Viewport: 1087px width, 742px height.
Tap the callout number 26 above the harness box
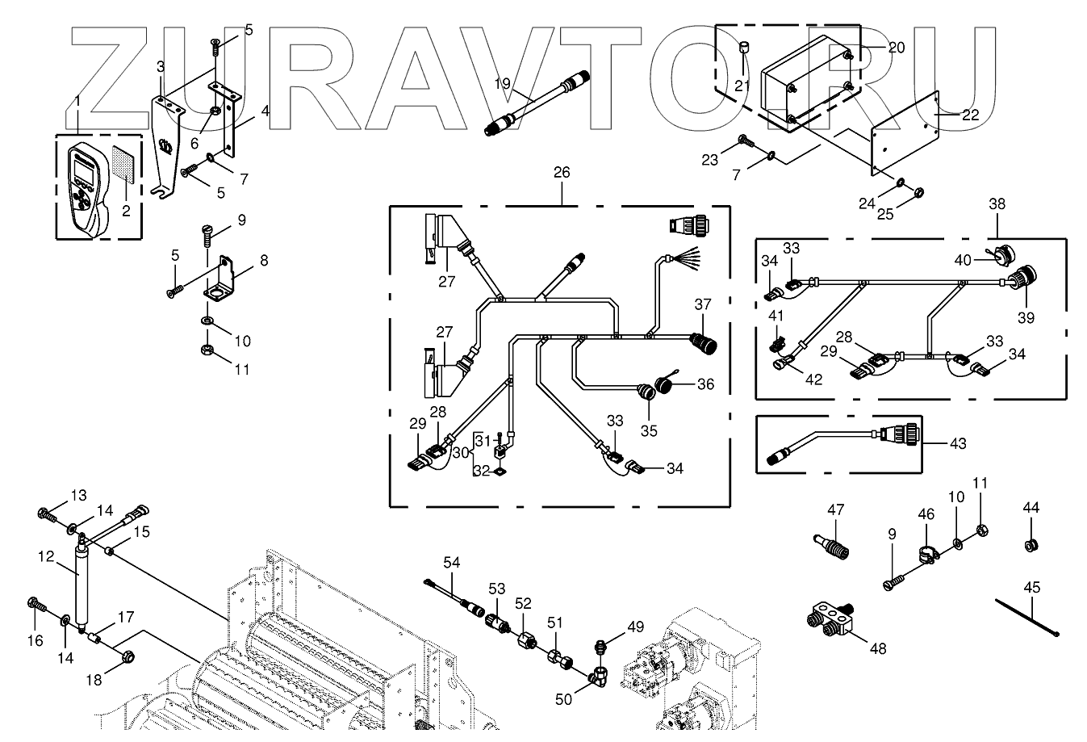click(x=562, y=173)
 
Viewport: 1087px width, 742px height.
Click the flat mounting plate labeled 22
click(x=905, y=132)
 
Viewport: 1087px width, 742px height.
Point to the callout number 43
click(x=958, y=443)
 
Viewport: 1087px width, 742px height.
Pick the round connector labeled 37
click(x=704, y=343)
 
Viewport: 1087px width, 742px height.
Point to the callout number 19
click(x=502, y=83)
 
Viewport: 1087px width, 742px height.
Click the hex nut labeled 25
click(x=918, y=193)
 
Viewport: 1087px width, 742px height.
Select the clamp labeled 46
click(x=928, y=554)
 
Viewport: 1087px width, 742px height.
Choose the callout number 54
click(x=451, y=562)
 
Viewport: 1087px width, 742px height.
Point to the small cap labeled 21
click(x=743, y=48)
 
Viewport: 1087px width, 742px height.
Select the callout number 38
click(x=997, y=204)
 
